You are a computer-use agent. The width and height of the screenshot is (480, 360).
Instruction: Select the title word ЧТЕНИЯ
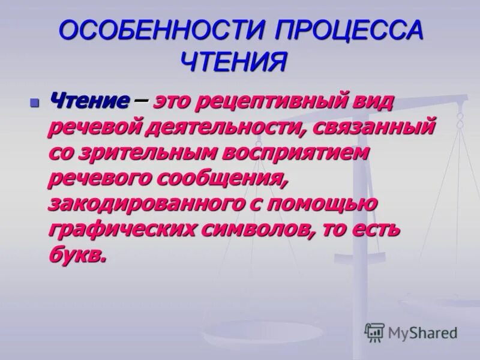pyautogui.click(x=233, y=61)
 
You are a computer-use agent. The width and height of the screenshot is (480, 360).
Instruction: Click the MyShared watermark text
pyautogui.click(x=422, y=332)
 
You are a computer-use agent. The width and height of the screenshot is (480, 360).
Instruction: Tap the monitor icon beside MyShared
pyautogui.click(x=374, y=332)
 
